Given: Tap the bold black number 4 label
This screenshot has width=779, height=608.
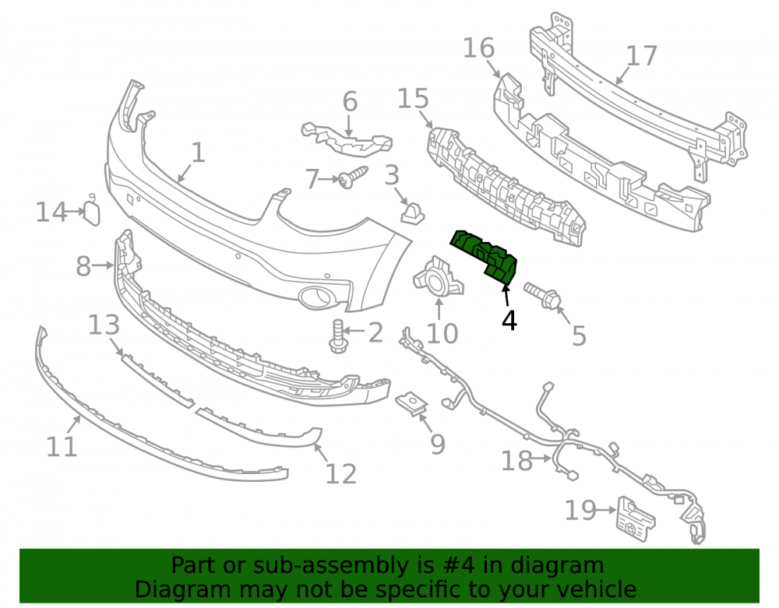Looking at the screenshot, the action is [x=509, y=321].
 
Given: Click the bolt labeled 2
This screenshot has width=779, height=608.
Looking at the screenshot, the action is [x=337, y=336].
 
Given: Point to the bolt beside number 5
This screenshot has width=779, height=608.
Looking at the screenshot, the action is [x=542, y=295].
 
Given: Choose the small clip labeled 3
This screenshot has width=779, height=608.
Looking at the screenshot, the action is [x=412, y=212].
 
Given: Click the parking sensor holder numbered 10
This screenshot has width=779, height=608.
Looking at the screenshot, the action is [x=438, y=278].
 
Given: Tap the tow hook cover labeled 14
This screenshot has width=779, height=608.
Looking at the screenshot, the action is [x=92, y=211].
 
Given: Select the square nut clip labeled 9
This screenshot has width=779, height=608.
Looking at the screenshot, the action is [x=412, y=404].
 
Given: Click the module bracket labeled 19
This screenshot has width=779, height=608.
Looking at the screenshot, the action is [x=636, y=518].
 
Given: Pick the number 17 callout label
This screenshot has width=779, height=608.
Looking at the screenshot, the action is [x=642, y=56].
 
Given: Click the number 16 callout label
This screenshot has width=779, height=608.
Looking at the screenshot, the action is [x=479, y=47].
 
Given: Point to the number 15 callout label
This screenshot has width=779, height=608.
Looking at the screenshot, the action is [x=413, y=98].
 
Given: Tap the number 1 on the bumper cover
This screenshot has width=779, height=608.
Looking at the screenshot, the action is [x=198, y=152].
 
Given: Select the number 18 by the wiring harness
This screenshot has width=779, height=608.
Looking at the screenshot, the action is [x=516, y=461].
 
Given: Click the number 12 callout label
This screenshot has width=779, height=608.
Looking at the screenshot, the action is [x=341, y=473].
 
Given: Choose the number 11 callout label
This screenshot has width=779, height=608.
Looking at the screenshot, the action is [x=62, y=446].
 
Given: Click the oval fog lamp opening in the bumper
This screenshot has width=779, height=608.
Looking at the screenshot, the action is [x=316, y=297].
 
